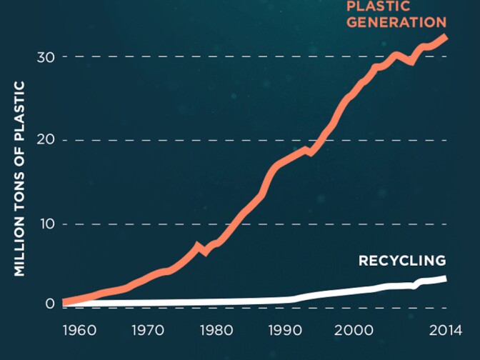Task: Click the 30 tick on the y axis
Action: [46, 56]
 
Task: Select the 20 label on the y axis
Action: [46, 140]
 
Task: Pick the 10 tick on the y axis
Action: [46, 224]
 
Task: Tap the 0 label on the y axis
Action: [50, 304]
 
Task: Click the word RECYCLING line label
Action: [401, 261]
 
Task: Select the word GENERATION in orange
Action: [396, 21]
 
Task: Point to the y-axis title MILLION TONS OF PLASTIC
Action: [19, 179]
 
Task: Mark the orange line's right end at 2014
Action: [445, 36]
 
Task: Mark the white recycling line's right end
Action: [445, 279]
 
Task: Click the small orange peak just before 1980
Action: [198, 246]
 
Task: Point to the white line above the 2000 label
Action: [353, 291]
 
